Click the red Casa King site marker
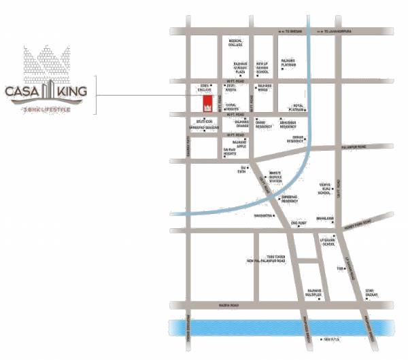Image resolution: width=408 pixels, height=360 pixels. pos(206,104)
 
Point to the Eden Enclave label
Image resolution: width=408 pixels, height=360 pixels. pos(204,88)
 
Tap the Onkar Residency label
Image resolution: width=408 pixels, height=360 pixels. pos(294,140)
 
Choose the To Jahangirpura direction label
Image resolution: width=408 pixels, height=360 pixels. pos(341,31)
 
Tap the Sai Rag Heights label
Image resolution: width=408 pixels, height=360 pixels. pos(230,153)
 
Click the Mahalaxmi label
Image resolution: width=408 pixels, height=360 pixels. pos(324,219)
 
